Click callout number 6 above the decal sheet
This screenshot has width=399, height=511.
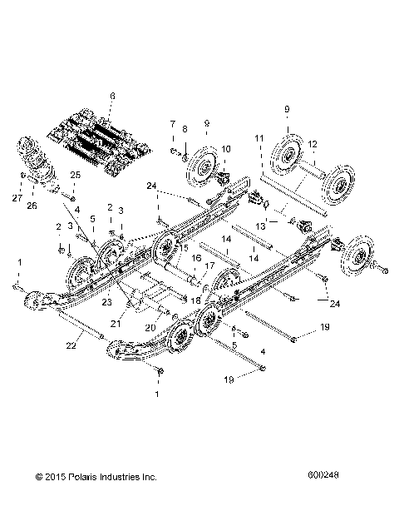(112, 96)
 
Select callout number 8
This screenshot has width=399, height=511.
(185, 129)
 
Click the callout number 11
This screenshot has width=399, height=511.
(259, 136)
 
